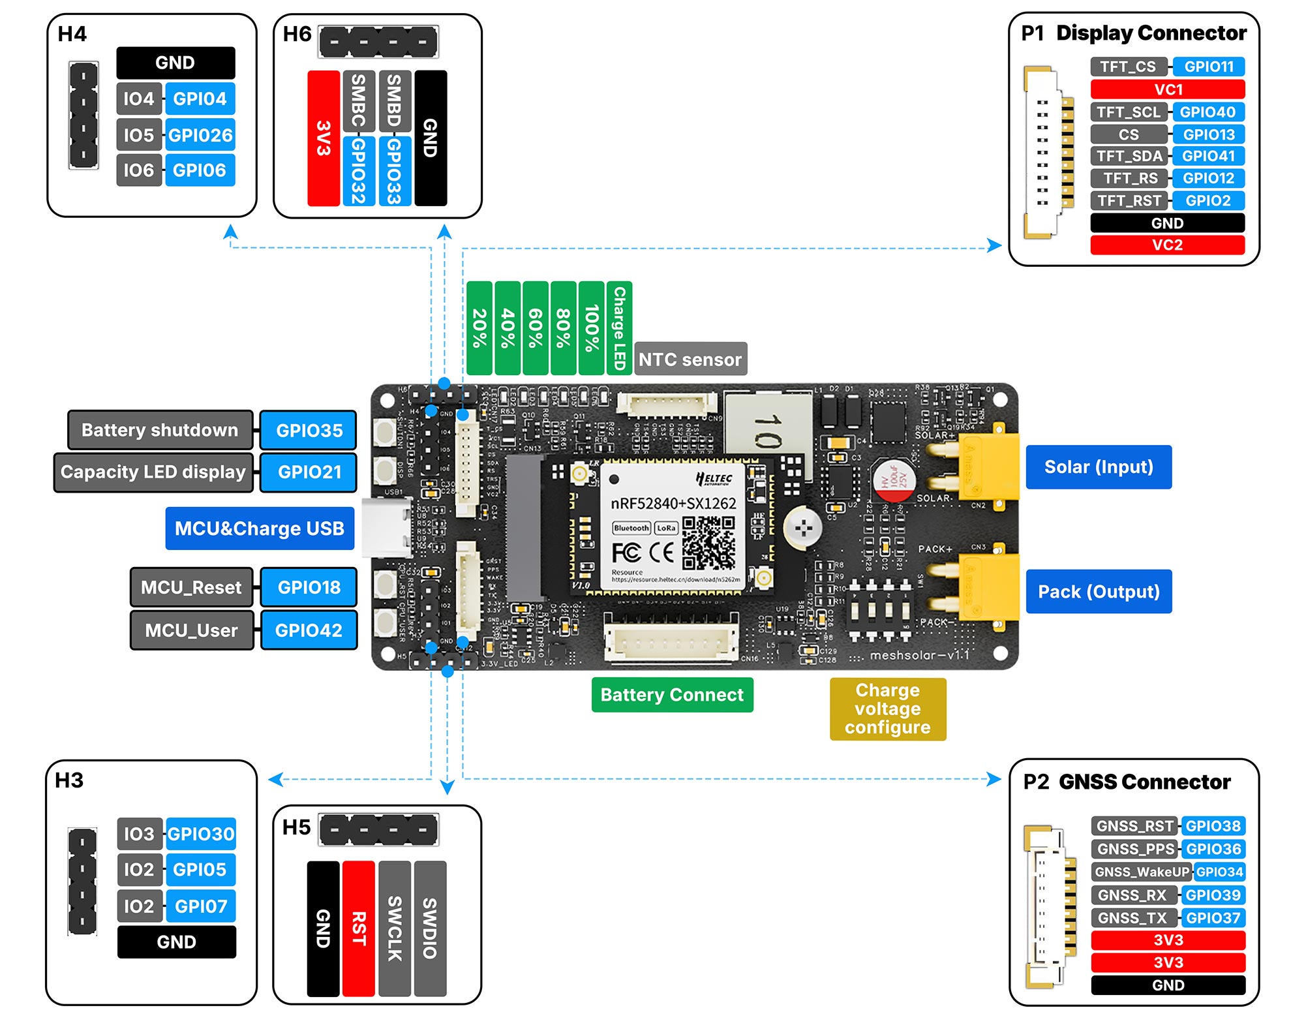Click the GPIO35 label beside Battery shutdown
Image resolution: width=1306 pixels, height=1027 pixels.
pos(309,431)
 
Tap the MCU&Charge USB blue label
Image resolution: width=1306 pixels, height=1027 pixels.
pos(260,529)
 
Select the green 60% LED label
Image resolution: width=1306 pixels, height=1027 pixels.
pos(536,328)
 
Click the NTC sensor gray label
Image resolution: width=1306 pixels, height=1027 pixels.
pos(690,360)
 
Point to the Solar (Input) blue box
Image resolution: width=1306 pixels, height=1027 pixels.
pos(1099,467)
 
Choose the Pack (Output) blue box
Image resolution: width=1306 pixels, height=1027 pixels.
pos(1099,592)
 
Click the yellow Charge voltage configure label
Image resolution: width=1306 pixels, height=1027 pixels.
pos(887,709)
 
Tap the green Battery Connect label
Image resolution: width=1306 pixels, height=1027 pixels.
pos(672,695)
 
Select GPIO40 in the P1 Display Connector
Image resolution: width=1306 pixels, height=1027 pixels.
pos(1207,112)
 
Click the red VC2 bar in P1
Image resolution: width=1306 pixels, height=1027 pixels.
pos(1167,245)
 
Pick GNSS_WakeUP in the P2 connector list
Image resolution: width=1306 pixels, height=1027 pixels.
pos(1142,872)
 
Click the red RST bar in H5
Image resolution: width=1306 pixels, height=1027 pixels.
pos(358,928)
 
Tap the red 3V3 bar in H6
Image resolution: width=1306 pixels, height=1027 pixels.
pos(324,138)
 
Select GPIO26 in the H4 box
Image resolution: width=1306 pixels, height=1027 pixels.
pos(200,135)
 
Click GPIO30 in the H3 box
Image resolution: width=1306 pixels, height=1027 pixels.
pos(200,834)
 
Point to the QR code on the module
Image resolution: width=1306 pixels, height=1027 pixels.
pos(708,543)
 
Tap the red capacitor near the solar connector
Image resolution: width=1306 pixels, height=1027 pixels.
pos(894,482)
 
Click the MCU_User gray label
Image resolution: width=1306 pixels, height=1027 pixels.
pos(191,630)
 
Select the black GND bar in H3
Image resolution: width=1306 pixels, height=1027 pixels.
pos(176,942)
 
